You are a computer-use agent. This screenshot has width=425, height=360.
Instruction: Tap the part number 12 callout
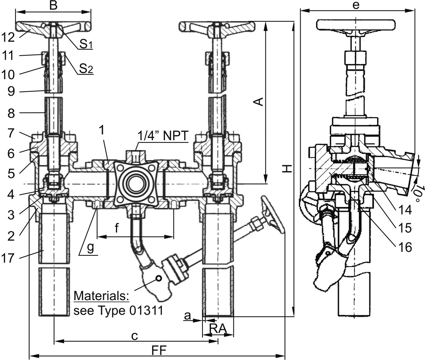[x=8, y=37]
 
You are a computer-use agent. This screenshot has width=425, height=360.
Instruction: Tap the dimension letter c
[x=134, y=336]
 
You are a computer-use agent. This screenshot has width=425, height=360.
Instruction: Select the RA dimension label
[x=218, y=329]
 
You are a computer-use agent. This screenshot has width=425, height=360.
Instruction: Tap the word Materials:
[x=101, y=296]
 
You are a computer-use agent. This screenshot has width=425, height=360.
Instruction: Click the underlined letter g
[x=90, y=248]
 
